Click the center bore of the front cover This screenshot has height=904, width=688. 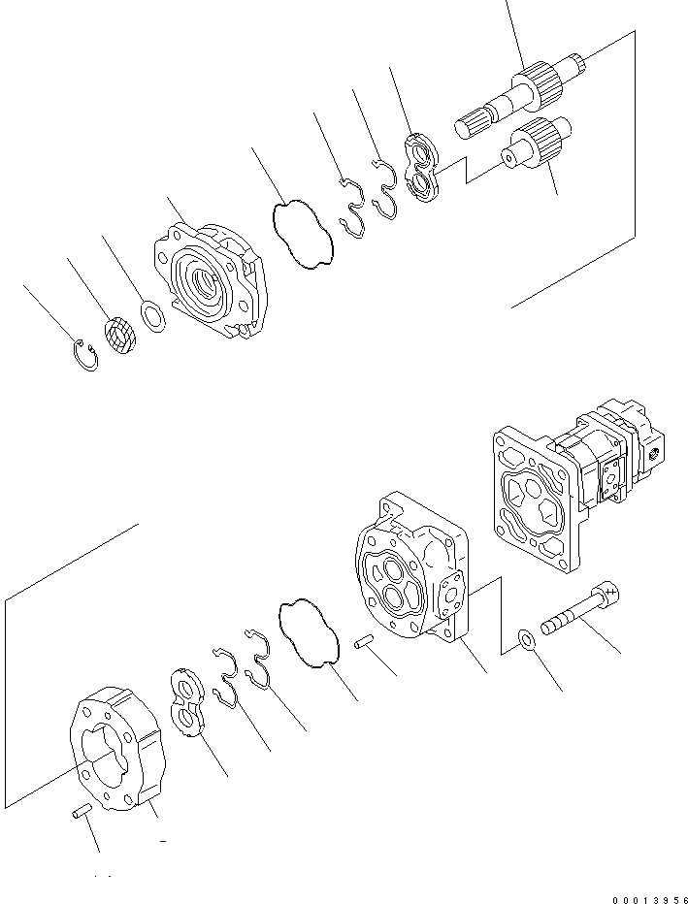point(205,283)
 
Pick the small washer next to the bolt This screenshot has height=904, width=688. point(524,640)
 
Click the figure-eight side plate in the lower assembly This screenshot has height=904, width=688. point(186,703)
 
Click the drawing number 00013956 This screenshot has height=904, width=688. point(646,894)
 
